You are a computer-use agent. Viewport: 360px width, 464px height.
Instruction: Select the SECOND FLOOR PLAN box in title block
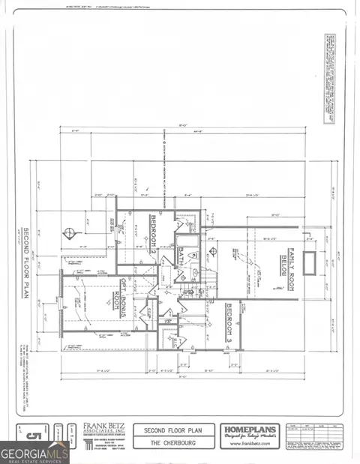(x=174, y=430)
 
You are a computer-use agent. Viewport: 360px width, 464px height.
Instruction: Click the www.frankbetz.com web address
(x=250, y=445)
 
